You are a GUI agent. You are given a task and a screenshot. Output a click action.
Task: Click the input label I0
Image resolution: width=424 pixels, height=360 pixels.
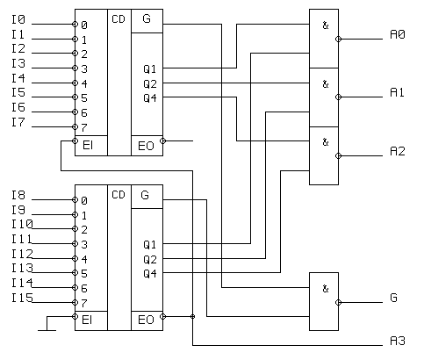[18, 19]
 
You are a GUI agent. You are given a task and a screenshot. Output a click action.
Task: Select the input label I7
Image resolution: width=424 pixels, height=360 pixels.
[18, 122]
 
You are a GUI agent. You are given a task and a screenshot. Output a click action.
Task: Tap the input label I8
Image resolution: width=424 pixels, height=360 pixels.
[18, 195]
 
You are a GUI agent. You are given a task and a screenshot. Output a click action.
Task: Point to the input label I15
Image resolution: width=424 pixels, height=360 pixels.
[22, 298]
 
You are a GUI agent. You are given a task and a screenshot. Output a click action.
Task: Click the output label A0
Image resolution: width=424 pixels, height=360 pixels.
[398, 34]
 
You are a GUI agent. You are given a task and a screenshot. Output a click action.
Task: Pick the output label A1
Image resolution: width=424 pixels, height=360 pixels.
[397, 92]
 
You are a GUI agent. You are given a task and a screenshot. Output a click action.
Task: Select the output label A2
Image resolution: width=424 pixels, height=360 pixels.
[398, 151]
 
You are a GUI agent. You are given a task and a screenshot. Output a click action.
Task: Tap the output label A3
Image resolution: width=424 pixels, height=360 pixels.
[398, 341]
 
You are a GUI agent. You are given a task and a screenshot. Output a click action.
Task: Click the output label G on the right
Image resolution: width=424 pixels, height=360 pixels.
[393, 298]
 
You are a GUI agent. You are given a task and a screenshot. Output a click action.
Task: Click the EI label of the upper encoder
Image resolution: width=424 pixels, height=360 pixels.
[88, 145]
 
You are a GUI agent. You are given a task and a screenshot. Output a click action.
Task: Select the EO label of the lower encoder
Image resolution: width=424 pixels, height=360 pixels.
[146, 320]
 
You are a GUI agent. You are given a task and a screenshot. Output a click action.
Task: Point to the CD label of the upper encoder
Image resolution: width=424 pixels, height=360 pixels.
[119, 19]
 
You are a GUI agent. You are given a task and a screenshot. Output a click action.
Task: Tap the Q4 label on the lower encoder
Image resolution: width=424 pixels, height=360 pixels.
[150, 274]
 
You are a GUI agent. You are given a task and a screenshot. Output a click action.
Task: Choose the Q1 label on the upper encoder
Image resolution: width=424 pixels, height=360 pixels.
[149, 69]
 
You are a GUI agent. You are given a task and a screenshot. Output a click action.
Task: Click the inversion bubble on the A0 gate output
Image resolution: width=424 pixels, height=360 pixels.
[339, 39]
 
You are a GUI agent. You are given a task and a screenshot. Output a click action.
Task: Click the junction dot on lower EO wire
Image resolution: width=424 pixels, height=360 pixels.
[192, 316]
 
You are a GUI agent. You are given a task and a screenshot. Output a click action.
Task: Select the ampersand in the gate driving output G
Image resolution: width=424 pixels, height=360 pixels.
[326, 289]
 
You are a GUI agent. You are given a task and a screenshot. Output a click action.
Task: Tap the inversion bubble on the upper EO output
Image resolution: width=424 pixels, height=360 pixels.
[163, 141]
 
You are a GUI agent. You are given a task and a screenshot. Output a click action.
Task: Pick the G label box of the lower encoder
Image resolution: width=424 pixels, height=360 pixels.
[147, 197]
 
